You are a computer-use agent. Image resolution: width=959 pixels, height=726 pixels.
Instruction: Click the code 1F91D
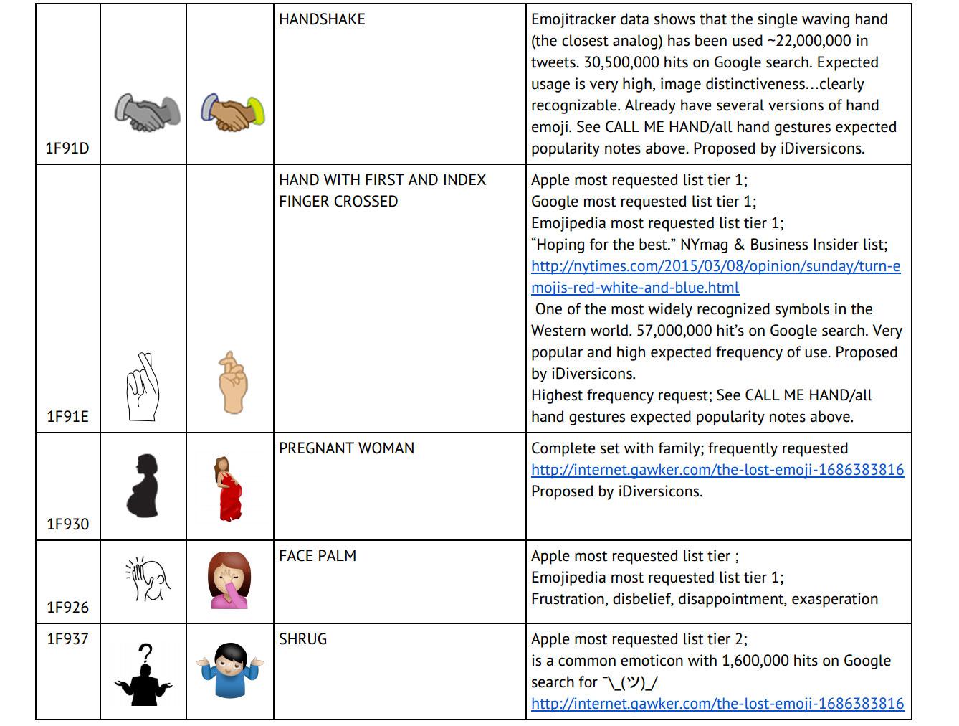(x=67, y=148)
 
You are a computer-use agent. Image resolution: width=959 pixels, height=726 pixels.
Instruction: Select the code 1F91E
(x=67, y=417)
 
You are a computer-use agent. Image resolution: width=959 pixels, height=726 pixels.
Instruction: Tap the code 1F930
(x=67, y=524)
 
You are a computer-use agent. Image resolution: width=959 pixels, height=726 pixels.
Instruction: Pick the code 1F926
(x=67, y=608)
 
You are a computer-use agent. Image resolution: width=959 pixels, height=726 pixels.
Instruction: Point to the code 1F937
(x=67, y=639)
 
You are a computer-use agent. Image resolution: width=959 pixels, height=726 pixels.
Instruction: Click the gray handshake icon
(x=147, y=112)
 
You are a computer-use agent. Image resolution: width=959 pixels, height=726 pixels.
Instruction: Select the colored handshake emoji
(x=232, y=112)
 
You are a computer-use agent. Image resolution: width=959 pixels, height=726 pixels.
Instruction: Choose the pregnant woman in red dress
(x=230, y=488)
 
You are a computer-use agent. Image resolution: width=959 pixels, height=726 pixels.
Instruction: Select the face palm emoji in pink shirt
(x=230, y=580)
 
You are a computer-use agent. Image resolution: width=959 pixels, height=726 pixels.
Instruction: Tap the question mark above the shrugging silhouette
(x=145, y=654)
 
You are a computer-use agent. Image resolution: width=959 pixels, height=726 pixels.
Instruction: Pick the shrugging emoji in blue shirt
(x=230, y=671)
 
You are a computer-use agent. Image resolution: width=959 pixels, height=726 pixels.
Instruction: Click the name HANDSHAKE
(x=322, y=19)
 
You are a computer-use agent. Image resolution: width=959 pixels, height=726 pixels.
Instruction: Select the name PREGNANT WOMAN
(x=346, y=448)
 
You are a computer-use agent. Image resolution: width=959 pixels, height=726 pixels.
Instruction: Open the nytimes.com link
(x=715, y=277)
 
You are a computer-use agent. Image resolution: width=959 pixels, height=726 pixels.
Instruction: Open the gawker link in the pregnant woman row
(x=717, y=470)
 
